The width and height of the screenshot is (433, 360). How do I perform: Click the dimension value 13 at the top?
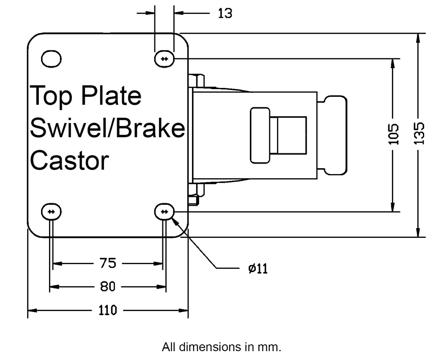click(x=225, y=14)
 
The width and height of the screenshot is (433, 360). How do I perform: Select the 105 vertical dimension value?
click(x=393, y=134)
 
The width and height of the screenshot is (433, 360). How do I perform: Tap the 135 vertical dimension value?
click(x=418, y=134)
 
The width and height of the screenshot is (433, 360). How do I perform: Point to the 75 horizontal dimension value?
click(x=108, y=264)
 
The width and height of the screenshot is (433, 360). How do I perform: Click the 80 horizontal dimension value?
click(x=108, y=287)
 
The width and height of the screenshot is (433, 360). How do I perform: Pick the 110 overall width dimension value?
click(x=108, y=311)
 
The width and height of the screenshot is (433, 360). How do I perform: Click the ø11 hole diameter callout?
click(x=258, y=268)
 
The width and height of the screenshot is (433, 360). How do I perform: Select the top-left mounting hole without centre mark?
click(x=51, y=59)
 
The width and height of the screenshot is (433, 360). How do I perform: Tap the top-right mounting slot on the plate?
click(x=164, y=59)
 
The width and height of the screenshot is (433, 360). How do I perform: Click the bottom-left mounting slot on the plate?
click(x=51, y=211)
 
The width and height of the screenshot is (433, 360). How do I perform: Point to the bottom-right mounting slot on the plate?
click(x=164, y=211)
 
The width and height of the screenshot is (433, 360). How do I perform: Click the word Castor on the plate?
click(x=70, y=161)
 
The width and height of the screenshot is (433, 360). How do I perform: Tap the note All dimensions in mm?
click(x=221, y=347)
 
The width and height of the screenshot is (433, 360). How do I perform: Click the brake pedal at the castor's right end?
click(x=332, y=135)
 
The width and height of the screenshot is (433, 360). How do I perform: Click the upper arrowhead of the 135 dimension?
click(x=418, y=38)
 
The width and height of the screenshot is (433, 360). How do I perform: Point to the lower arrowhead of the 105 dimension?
click(x=393, y=207)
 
